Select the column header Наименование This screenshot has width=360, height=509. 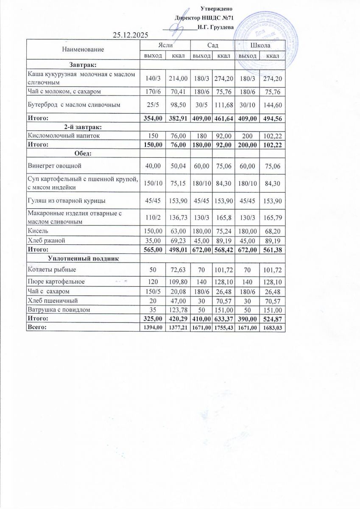pos(83,50)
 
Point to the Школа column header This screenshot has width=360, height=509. pos(260,45)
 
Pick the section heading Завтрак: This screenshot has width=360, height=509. pos(83,64)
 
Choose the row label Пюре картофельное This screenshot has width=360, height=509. pos(56,282)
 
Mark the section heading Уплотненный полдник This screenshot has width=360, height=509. pos(83,258)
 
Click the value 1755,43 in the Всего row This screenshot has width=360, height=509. pos(223,327)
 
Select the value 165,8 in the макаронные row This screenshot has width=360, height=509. pos(223,217)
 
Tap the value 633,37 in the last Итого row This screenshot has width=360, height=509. pos(223,318)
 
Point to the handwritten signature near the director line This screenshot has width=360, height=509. pos(175,28)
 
